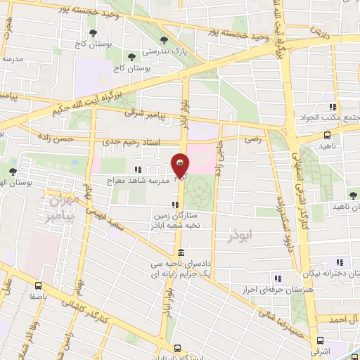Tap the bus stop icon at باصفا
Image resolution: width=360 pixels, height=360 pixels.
[x=38, y=285]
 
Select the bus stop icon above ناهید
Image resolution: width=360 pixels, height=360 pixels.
[x=327, y=134]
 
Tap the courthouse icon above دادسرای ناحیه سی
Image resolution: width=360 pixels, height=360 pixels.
[x=181, y=252]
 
